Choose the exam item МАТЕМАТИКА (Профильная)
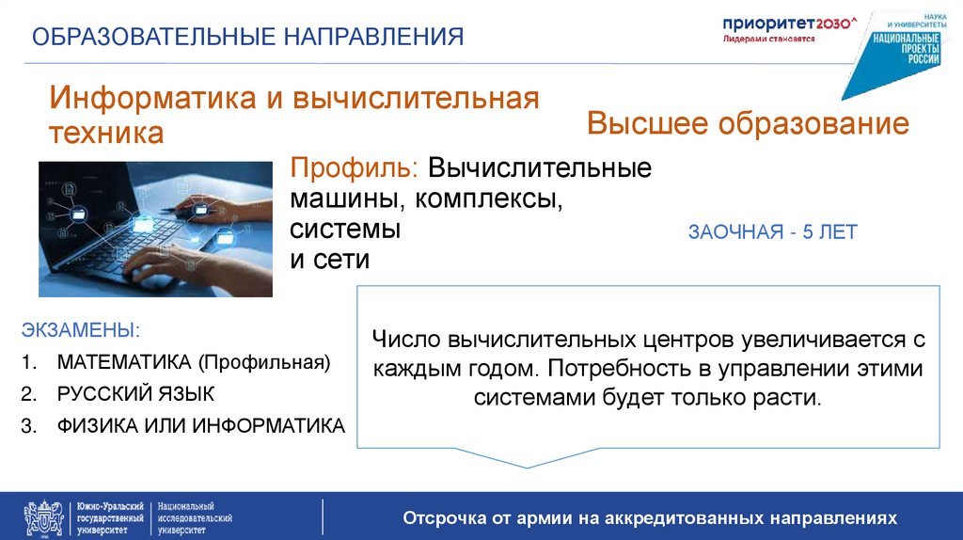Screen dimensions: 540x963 click(x=194, y=362)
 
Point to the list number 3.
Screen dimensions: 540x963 click(x=27, y=425)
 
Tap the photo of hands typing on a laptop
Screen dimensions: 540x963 click(x=155, y=229)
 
